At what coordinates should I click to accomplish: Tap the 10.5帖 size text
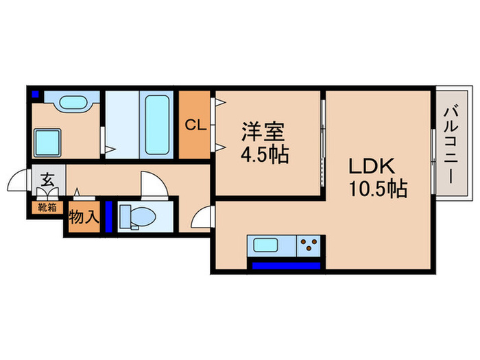click(378, 187)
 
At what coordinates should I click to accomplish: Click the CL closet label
click(195, 125)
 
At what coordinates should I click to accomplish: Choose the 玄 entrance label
click(47, 182)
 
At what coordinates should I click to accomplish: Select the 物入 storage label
click(82, 217)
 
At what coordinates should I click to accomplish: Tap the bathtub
click(158, 123)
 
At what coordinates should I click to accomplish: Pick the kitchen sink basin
click(264, 245)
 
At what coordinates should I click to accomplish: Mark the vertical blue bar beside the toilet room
click(108, 217)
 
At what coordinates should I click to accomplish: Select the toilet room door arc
click(149, 184)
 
